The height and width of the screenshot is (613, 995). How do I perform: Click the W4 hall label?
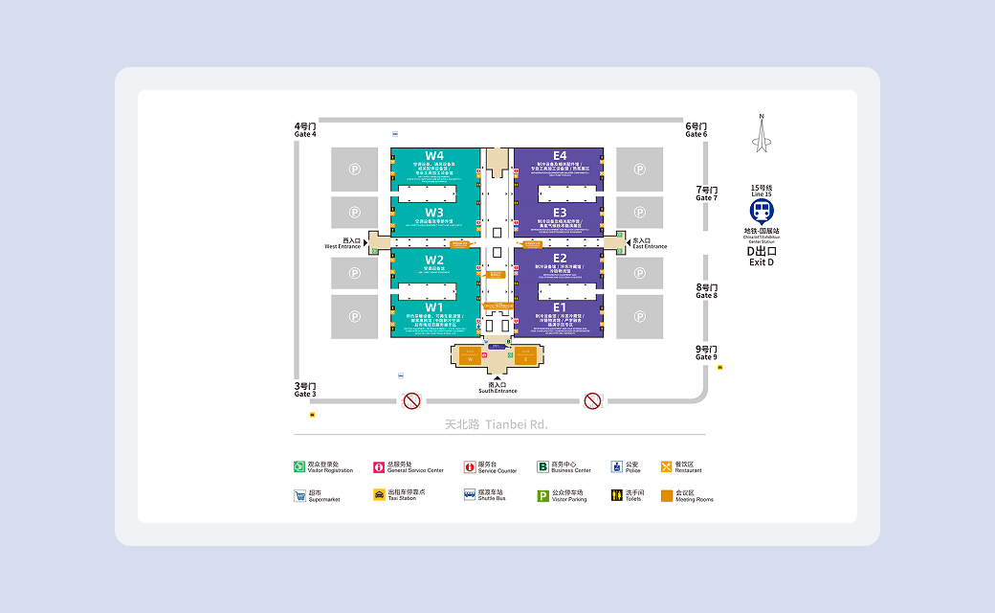click(434, 156)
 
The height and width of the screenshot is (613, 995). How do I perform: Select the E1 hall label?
click(560, 307)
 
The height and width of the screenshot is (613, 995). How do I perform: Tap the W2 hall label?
click(434, 260)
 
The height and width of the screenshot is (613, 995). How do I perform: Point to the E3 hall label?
click(560, 212)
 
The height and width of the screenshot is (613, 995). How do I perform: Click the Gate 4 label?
click(305, 130)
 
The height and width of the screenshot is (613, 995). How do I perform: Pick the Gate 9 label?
click(707, 353)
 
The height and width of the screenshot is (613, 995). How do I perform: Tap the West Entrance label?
click(343, 243)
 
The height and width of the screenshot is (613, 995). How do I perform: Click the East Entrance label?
click(650, 243)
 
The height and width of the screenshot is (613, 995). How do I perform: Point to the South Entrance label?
click(497, 388)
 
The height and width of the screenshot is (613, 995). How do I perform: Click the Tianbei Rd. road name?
click(497, 423)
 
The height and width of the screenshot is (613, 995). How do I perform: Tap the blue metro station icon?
click(762, 211)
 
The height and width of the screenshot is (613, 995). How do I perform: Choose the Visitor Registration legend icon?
click(299, 467)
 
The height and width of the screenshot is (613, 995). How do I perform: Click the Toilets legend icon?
click(616, 495)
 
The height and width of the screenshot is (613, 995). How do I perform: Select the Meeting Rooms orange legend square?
click(667, 495)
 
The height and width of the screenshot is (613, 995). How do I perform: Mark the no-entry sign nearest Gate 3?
click(411, 400)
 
